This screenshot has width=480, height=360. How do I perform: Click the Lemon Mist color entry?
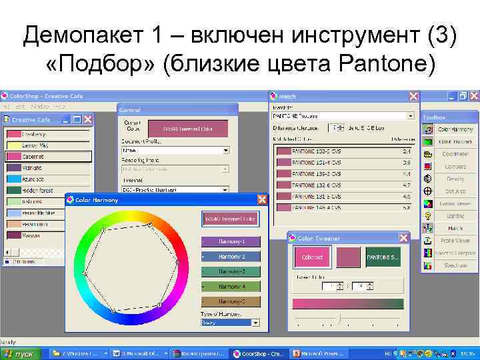coord(34,145)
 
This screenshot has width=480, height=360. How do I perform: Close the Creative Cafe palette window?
coord(87,119)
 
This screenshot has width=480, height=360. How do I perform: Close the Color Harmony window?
coord(262,199)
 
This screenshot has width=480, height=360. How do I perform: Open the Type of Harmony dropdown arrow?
coord(255,322)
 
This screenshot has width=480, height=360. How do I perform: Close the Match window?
coord(413,97)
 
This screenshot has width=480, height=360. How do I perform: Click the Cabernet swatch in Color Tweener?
coord(313,257)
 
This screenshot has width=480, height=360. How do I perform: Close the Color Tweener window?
coord(403,237)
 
